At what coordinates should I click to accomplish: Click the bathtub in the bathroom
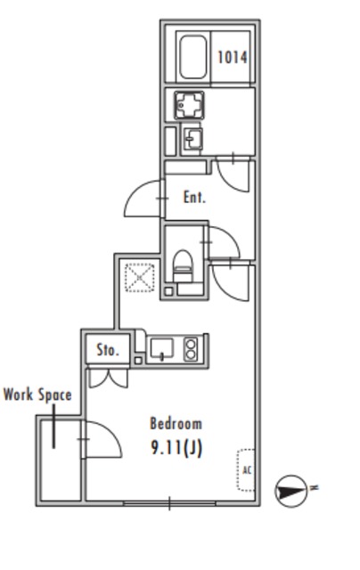pyautogui.click(x=192, y=57)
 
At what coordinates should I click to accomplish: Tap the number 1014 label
pyautogui.click(x=233, y=57)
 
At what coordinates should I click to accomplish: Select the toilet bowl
pyautogui.click(x=183, y=263)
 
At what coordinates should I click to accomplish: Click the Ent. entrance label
pyautogui.click(x=194, y=198)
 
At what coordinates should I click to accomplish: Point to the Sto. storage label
pyautogui.click(x=108, y=350)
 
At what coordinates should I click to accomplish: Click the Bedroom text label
pyautogui.click(x=176, y=424)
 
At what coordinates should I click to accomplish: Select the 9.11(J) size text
pyautogui.click(x=176, y=448)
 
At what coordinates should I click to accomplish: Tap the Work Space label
pyautogui.click(x=37, y=395)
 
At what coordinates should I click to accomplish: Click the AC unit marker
pyautogui.click(x=246, y=470)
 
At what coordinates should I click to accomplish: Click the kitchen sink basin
pyautogui.click(x=162, y=348)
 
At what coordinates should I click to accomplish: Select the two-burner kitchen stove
pyautogui.click(x=191, y=349)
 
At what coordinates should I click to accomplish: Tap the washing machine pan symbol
pyautogui.click(x=189, y=105)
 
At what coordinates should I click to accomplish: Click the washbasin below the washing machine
pyautogui.click(x=192, y=139)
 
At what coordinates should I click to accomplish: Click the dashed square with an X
pyautogui.click(x=140, y=278)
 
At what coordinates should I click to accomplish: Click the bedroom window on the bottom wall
pyautogui.click(x=169, y=503)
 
